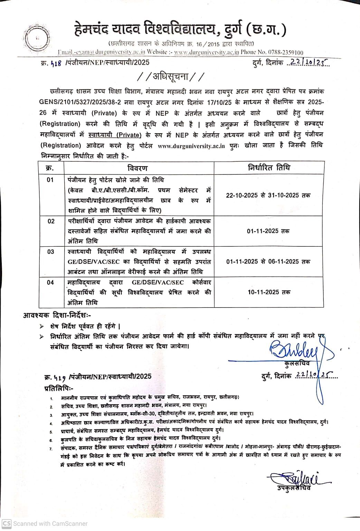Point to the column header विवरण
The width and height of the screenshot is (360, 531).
(x=137, y=168)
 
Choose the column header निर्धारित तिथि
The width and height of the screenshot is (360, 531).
(x=269, y=168)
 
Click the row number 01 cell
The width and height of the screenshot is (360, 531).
(x=50, y=180)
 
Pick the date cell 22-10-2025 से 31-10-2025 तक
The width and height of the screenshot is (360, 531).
(x=268, y=195)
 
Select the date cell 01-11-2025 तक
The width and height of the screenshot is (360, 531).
(x=268, y=231)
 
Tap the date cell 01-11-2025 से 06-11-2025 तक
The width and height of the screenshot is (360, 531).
(x=268, y=262)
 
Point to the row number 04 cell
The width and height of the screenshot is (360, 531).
(x=50, y=283)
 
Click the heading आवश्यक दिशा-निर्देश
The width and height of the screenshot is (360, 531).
(x=57, y=315)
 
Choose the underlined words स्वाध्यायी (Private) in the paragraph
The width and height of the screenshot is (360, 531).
(x=115, y=135)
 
